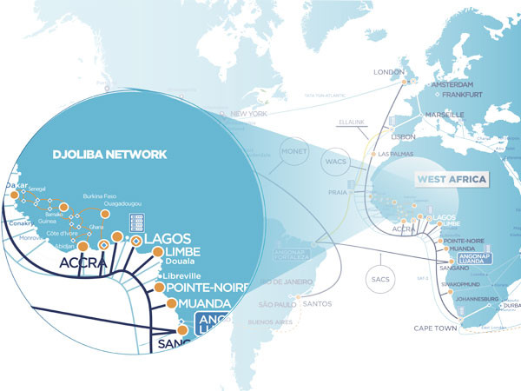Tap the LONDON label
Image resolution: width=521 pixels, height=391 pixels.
point(389,72)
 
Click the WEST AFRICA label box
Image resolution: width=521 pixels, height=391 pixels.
point(452,180)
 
